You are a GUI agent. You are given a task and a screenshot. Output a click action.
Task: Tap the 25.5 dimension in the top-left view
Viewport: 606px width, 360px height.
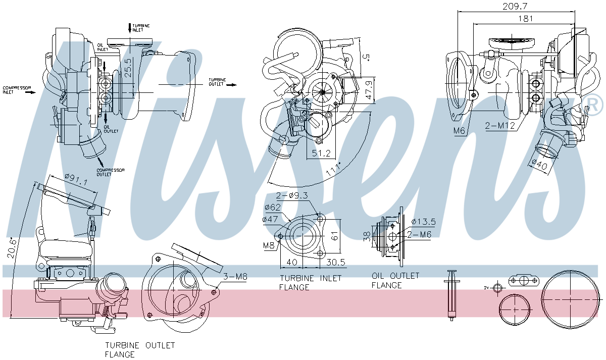128,67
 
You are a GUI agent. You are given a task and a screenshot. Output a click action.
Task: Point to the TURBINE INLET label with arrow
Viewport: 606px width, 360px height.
140,27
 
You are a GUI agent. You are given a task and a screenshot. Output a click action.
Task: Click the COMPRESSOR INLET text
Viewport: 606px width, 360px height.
17,90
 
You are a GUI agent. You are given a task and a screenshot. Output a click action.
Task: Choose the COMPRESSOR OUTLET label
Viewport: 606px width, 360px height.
111,172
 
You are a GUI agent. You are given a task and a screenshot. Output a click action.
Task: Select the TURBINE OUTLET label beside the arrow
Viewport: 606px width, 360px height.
218,82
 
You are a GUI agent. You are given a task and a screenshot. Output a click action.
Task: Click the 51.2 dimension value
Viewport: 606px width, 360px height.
321,153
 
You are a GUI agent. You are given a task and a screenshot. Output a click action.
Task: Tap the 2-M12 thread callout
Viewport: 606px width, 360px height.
499,126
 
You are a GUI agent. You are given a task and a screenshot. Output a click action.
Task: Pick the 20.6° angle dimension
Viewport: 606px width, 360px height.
12,248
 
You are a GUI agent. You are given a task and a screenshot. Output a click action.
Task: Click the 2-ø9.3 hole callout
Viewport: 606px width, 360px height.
292,195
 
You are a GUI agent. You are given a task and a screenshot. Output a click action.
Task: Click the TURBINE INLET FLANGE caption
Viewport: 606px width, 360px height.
310,282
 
